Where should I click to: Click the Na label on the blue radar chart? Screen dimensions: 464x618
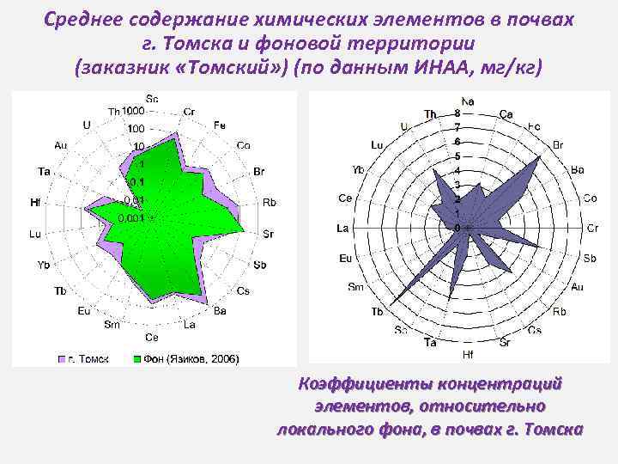pos(468,101)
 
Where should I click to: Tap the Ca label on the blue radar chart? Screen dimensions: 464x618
pos(506,114)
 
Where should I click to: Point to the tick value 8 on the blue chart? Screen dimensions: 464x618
pos(457,113)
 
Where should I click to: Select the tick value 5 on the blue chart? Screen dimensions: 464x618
pos(457,156)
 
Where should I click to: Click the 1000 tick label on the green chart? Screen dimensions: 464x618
pos(133,111)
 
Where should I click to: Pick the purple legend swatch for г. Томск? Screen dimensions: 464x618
pos(62,357)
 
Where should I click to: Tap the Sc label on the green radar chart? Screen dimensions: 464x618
pos(152,99)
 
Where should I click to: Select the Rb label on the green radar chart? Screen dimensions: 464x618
pos(270,203)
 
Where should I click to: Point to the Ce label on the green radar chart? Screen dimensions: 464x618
pos(152,336)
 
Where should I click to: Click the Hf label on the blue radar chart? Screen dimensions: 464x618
pos(468,353)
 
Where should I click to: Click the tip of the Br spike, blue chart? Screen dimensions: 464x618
pos(541,157)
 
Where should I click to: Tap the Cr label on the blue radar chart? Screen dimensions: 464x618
pos(592,228)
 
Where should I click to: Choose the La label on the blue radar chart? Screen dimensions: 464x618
pos(342,229)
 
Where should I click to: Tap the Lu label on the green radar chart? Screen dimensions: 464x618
pos(34,234)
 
